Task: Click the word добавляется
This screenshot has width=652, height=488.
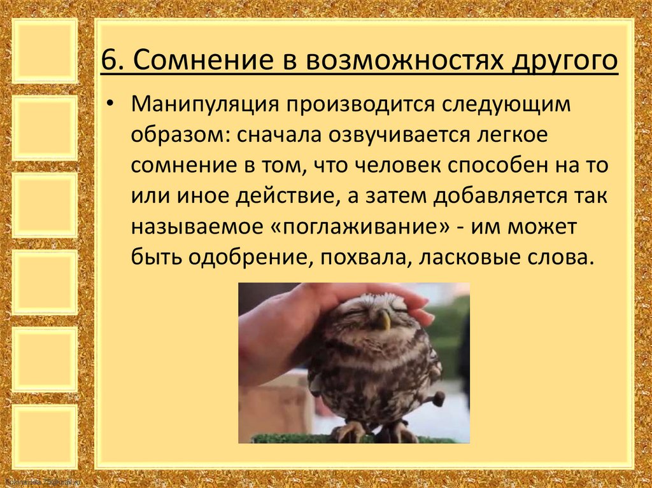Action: [497, 197]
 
